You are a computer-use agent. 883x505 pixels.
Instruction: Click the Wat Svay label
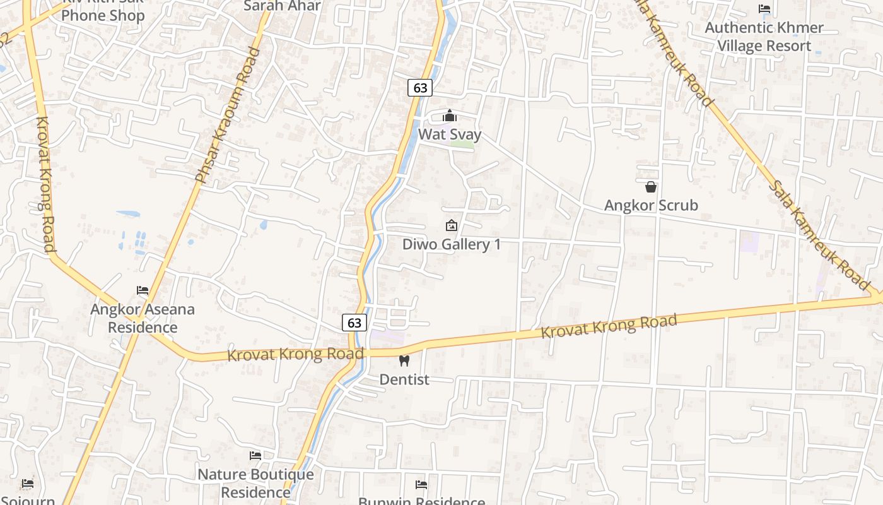coord(450,134)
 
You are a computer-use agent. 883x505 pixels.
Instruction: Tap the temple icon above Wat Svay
coord(450,116)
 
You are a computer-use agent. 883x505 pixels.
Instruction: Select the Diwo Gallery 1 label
coord(452,244)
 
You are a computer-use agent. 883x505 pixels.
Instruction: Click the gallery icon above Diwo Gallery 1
coord(452,225)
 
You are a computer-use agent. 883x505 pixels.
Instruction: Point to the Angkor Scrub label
coord(651,205)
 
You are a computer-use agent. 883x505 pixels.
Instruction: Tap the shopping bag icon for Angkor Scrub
coord(651,187)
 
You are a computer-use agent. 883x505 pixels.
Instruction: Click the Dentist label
coord(404,379)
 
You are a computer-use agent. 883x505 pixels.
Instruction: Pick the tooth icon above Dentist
coord(404,360)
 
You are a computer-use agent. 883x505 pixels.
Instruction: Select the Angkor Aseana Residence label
coord(143,318)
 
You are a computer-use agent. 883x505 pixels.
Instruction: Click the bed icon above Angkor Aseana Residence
coord(143,290)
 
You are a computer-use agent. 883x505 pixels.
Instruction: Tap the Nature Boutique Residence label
coord(255,483)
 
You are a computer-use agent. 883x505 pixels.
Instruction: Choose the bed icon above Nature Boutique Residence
coord(255,455)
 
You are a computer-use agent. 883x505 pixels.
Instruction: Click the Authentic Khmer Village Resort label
coord(764,37)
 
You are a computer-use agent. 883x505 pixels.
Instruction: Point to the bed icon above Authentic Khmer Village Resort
coord(764,9)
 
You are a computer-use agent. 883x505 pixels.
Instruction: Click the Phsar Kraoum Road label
coord(228,116)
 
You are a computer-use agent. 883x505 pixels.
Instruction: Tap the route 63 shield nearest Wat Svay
coord(419,88)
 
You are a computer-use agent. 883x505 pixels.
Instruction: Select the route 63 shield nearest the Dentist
coord(354,323)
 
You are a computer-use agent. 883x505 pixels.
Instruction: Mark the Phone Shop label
coord(103,15)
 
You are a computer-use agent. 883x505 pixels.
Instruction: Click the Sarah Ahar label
coord(282,6)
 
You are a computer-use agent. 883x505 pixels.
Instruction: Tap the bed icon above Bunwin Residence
coord(421,485)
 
